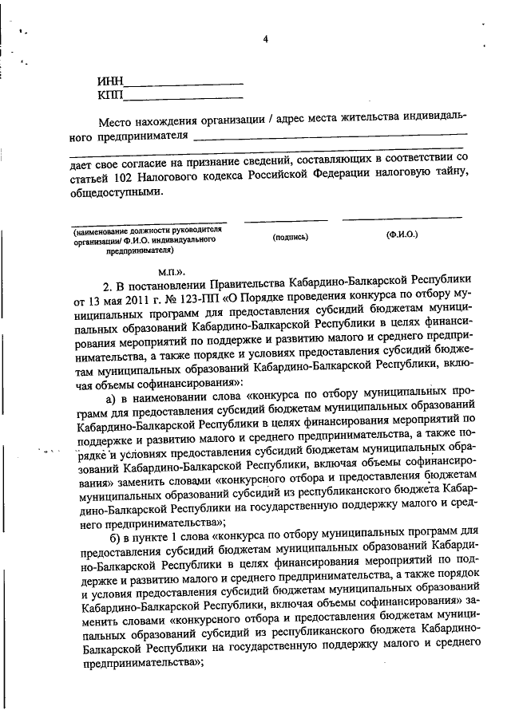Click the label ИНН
click(x=109, y=81)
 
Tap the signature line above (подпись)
click(x=285, y=220)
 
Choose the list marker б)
click(x=113, y=534)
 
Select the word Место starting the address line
click(x=117, y=120)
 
